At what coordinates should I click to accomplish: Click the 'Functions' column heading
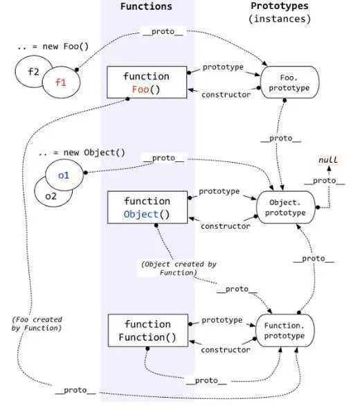point(146,6)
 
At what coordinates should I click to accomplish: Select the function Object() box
point(146,207)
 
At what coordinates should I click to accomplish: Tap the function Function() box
point(146,331)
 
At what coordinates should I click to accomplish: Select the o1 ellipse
point(64,175)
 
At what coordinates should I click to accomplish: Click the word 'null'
point(327,160)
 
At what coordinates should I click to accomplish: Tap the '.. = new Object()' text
point(80,151)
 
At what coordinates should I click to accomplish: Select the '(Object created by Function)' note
point(170,269)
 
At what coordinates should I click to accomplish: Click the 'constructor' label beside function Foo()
point(226,94)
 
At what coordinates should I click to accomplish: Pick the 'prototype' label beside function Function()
point(222,321)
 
